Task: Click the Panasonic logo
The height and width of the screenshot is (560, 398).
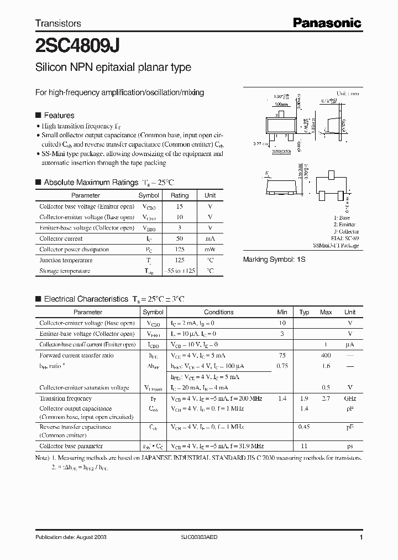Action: (327, 23)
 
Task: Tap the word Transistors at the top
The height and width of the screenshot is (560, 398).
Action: (58, 23)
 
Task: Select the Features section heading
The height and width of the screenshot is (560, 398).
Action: (59, 115)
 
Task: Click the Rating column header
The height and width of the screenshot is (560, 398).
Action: (179, 195)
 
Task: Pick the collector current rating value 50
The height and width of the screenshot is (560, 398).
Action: (179, 238)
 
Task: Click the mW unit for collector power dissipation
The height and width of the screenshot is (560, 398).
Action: (210, 250)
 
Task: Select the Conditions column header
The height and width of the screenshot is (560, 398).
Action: (218, 312)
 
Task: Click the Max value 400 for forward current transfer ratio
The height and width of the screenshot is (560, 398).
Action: (326, 355)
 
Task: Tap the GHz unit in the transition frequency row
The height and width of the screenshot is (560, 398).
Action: (350, 398)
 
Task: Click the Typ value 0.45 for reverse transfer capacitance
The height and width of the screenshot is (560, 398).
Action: (304, 427)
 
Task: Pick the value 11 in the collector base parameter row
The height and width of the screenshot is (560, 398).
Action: (304, 445)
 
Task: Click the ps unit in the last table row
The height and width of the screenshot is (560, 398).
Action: (350, 445)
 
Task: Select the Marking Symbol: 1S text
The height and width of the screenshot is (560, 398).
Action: (274, 259)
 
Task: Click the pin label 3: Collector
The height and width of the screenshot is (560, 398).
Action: (346, 231)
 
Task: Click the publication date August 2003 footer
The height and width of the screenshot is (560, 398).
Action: (71, 537)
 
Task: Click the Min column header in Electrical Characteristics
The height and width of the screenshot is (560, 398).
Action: (282, 312)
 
